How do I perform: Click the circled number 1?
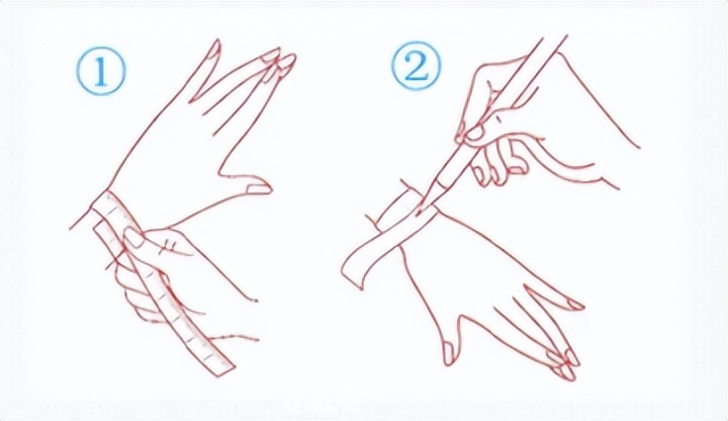coord(101,72)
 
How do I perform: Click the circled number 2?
coord(416,68)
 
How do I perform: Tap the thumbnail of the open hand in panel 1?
coord(258,189)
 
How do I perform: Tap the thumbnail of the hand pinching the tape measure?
coord(136,238)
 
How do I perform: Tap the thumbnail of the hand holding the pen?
coord(475,132)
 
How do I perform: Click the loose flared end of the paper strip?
coord(354,270)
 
